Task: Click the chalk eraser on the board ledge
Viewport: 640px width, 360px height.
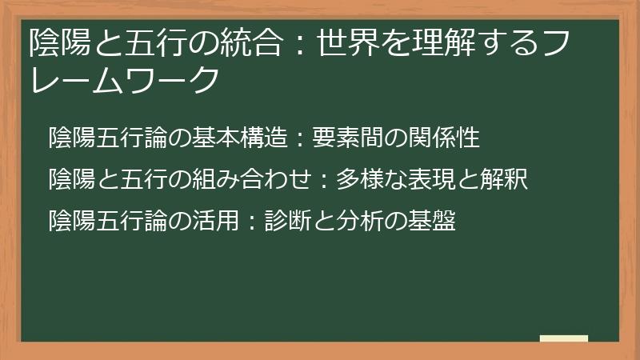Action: pos(564,339)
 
